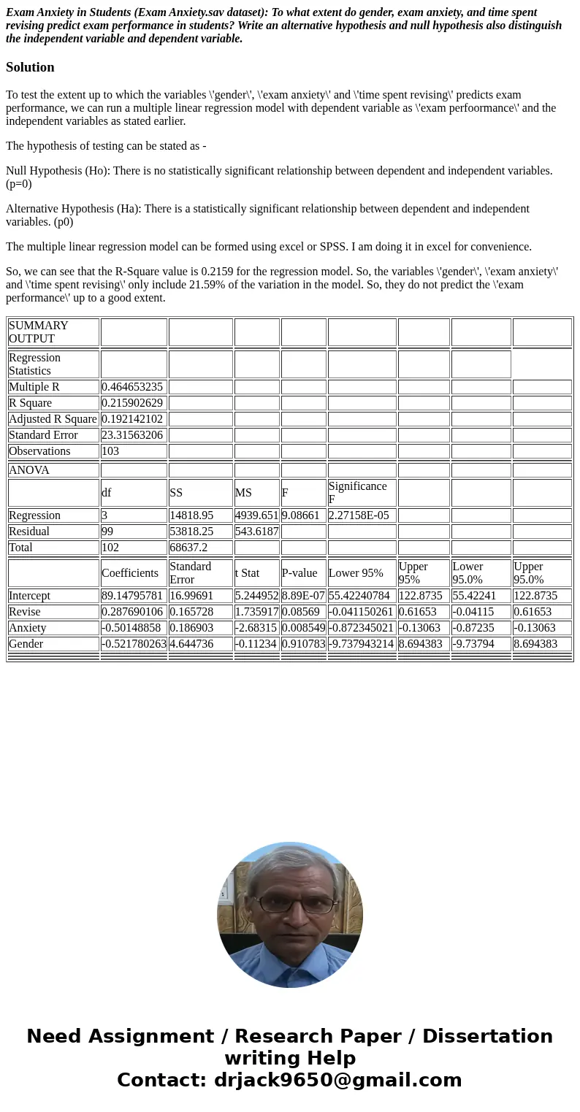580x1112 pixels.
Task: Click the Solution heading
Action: tap(30, 67)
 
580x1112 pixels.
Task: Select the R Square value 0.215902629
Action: tap(132, 403)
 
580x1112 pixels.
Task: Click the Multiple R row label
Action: tap(34, 387)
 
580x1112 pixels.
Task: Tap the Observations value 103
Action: tap(110, 451)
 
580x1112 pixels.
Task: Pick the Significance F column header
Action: tap(357, 493)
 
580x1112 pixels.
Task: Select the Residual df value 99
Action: tap(107, 532)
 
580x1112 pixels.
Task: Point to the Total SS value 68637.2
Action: tap(188, 548)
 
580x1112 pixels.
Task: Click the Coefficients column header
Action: tap(130, 573)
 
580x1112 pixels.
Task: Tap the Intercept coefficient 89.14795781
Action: tap(132, 596)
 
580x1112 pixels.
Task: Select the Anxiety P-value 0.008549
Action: tap(303, 628)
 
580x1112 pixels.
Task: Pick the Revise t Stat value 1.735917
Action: tap(256, 612)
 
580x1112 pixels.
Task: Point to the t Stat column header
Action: tap(247, 573)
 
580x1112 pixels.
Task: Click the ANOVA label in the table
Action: tap(29, 470)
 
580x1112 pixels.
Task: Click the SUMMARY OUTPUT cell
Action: tap(38, 332)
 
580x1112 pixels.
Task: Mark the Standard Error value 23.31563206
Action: tap(132, 435)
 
